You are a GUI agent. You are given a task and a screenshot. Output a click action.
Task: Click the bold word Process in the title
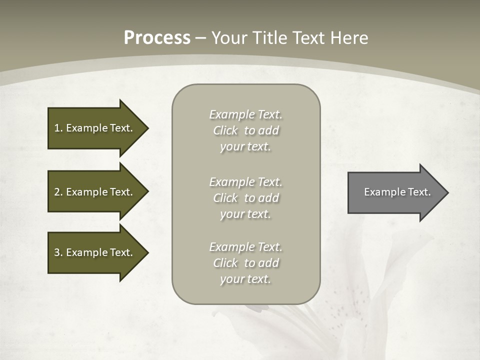pyautogui.click(x=157, y=37)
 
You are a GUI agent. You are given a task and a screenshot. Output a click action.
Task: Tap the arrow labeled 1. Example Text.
pyautogui.click(x=95, y=128)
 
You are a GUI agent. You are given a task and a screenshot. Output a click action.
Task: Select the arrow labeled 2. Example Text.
pyautogui.click(x=95, y=192)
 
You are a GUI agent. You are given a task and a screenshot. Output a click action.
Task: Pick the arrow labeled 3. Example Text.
pyautogui.click(x=95, y=252)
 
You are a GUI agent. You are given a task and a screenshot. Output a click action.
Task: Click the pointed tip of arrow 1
pyautogui.click(x=146, y=128)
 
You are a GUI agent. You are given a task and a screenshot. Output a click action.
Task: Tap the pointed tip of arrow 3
pyautogui.click(x=146, y=252)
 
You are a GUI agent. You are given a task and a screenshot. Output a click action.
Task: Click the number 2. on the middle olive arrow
pyautogui.click(x=58, y=192)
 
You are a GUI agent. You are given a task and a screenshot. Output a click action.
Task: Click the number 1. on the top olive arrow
pyautogui.click(x=58, y=128)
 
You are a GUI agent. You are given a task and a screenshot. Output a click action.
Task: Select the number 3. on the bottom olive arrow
pyautogui.click(x=58, y=252)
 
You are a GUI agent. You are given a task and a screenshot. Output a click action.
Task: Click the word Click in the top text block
pyautogui.click(x=225, y=130)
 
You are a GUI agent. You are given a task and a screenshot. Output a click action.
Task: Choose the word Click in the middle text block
pyautogui.click(x=225, y=198)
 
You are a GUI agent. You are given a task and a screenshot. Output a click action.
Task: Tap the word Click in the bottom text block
pyautogui.click(x=225, y=263)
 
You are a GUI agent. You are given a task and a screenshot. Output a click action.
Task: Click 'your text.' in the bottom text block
pyautogui.click(x=245, y=279)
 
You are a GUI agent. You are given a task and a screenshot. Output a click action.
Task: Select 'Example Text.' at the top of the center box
pyautogui.click(x=245, y=114)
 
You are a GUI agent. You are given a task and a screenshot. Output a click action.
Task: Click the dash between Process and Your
pyautogui.click(x=200, y=38)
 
